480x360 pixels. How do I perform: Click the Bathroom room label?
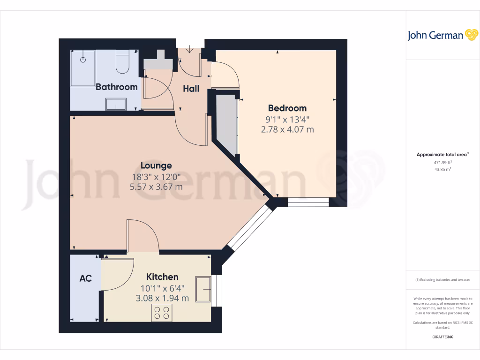[116, 87]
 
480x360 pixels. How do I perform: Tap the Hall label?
[191, 89]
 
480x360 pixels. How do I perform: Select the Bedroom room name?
[287, 108]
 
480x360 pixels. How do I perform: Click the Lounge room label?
[156, 165]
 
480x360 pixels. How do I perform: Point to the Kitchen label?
[162, 277]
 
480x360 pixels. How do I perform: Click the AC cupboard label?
[85, 278]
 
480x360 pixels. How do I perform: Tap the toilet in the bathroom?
[122, 63]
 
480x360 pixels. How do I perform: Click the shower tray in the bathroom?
[83, 68]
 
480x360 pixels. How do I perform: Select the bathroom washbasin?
[116, 104]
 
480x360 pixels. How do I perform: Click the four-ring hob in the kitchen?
[162, 313]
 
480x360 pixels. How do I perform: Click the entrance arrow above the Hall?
[190, 49]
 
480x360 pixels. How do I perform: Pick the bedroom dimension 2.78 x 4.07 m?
[287, 129]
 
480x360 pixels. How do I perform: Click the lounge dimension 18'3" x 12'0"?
[156, 177]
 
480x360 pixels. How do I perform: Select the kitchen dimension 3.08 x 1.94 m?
[162, 298]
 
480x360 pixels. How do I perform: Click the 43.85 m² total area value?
[442, 169]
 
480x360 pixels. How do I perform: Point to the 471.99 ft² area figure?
[442, 162]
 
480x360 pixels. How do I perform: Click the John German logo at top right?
[442, 35]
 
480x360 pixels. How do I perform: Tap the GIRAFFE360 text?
[442, 337]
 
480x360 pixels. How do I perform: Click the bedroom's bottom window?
[308, 202]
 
